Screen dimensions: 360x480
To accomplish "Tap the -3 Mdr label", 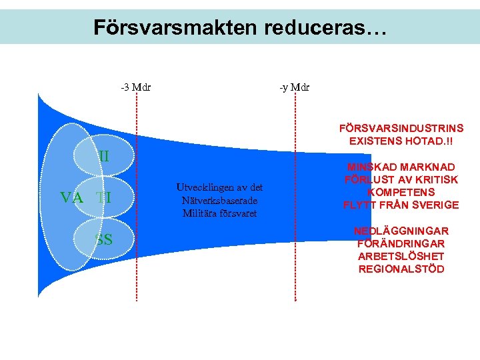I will (135, 87).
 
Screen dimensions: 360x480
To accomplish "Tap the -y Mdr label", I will (295, 87).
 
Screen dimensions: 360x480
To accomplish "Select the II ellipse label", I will (104, 157).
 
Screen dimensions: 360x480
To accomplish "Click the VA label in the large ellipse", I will (71, 197).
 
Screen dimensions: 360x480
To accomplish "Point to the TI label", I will (103, 197).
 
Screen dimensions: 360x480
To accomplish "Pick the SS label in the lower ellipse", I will (103, 239).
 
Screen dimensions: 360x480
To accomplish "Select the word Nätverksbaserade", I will (220, 200).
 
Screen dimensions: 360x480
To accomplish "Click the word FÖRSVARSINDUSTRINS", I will (401, 128).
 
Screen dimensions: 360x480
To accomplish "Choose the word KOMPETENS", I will (401, 192).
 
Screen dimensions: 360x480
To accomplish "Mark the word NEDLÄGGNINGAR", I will (401, 231).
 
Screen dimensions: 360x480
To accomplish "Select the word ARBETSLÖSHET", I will (401, 256).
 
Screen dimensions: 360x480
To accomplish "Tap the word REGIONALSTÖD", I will (401, 269).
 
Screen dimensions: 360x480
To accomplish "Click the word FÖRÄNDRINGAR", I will (401, 243).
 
